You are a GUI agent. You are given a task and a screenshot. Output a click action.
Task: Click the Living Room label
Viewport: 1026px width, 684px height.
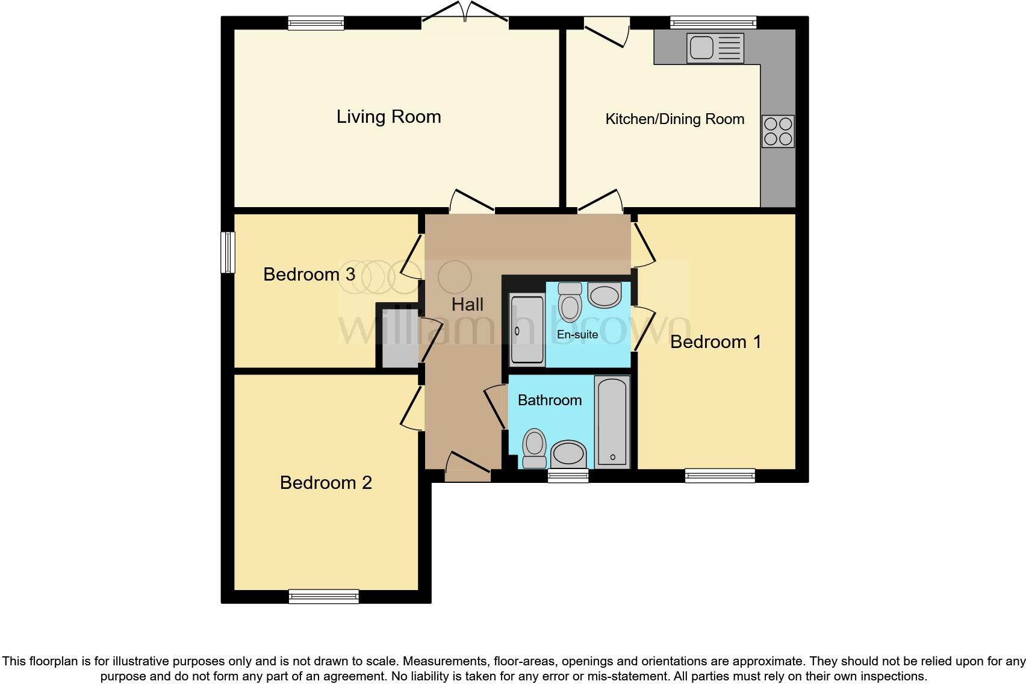coord(388,117)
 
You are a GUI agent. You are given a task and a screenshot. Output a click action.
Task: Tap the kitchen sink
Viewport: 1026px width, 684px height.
coord(715,48)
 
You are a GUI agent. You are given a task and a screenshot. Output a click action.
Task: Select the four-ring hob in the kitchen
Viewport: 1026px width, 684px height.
coord(777,131)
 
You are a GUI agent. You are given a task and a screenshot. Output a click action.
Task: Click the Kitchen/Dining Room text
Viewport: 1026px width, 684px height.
coord(674,119)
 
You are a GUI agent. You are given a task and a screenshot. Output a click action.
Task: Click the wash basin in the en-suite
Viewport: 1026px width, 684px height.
coord(604,296)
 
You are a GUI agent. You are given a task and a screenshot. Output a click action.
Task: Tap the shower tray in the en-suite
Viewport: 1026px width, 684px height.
coord(527,330)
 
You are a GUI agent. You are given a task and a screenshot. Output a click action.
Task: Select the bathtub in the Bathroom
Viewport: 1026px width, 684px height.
coord(612,422)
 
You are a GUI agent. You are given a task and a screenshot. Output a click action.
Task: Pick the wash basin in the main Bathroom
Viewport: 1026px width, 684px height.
coord(568,453)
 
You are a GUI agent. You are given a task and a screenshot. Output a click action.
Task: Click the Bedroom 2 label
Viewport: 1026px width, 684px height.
coord(326,483)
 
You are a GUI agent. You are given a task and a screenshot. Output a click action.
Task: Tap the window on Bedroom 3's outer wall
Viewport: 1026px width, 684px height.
coord(228,252)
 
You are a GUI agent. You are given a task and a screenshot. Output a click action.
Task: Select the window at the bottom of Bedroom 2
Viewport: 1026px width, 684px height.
coord(324,596)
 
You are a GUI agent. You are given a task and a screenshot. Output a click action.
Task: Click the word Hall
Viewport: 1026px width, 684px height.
coord(467,305)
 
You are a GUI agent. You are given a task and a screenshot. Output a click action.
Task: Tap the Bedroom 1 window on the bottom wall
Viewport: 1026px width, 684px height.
coord(720,476)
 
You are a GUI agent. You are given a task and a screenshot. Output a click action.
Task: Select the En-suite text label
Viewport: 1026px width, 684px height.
coord(577,335)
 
